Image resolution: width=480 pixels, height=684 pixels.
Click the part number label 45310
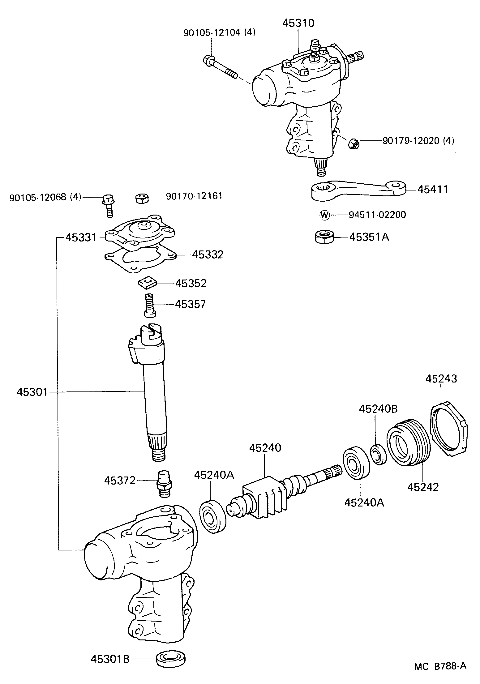point(298,23)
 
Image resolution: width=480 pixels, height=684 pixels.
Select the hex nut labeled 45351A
point(324,237)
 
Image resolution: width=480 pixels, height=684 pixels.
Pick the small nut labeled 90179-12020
point(353,143)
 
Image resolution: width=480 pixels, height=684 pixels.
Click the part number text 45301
point(32,392)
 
